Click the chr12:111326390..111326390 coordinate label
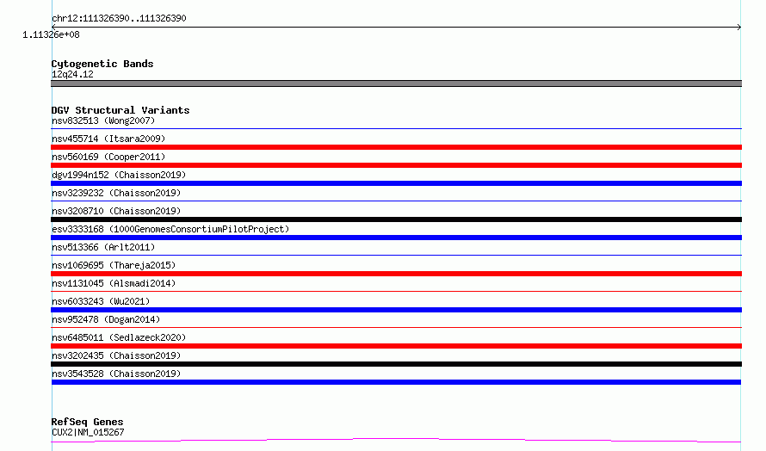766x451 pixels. click(119, 19)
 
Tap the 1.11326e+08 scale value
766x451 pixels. click(51, 34)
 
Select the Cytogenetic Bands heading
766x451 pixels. click(102, 64)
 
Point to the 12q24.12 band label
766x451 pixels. click(72, 74)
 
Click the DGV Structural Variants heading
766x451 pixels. click(120, 110)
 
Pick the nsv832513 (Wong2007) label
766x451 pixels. click(103, 120)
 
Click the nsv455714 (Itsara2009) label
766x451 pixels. click(108, 139)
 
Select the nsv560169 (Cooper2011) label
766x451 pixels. click(108, 157)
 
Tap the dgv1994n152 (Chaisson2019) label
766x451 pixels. click(119, 175)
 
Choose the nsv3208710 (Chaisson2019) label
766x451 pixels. click(116, 211)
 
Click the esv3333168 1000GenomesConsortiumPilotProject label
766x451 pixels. click(170, 229)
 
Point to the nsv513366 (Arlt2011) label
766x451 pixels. click(103, 247)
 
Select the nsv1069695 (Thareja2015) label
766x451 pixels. click(114, 265)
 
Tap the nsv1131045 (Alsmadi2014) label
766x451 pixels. click(114, 283)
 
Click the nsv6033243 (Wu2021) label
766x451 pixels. click(101, 301)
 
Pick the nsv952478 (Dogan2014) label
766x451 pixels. click(106, 319)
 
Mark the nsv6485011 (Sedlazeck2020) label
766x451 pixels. click(119, 337)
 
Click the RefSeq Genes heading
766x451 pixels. click(88, 423)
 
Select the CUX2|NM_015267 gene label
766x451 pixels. click(88, 432)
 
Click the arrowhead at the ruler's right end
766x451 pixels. click(739, 28)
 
